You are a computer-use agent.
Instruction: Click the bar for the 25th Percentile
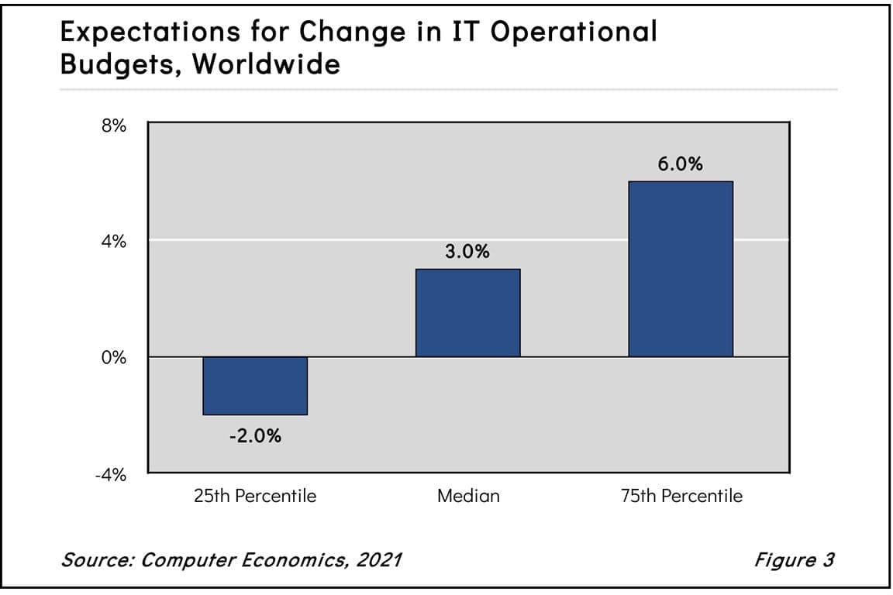coord(255,386)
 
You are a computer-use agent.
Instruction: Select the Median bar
coord(467,313)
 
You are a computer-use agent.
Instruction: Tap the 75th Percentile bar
coord(680,269)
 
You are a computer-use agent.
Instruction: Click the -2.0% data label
coord(255,436)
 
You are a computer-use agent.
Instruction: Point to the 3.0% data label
coord(467,252)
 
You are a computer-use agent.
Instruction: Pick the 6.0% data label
coord(680,164)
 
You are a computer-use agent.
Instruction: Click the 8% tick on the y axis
coord(114,126)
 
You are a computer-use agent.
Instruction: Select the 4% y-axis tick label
coord(114,242)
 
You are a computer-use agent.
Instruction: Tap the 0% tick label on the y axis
coord(114,359)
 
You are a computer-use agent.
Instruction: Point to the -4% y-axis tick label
coord(110,475)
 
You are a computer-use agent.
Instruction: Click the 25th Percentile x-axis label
coord(255,496)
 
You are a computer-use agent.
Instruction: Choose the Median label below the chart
coord(468,496)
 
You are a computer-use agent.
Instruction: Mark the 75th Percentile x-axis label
coord(681,496)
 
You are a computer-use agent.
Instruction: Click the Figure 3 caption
coord(794,559)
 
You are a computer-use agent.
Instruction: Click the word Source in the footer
coord(94,559)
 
